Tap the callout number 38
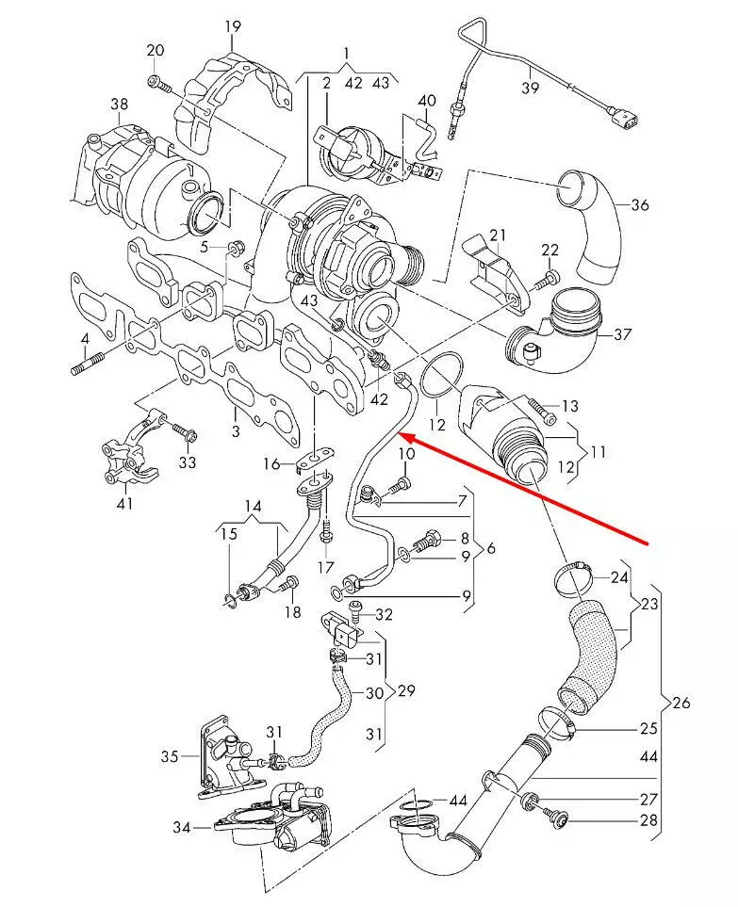coord(119,104)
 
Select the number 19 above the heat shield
coord(233,26)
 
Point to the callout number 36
coord(640,204)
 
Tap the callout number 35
coord(170,755)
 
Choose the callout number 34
coord(182,827)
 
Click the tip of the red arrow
coord(402,434)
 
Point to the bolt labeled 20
coord(158,85)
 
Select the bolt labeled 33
coord(186,434)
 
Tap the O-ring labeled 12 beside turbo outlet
coord(441,376)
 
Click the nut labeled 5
coord(236,249)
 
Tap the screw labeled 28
coord(563,820)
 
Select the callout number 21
coord(498,234)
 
